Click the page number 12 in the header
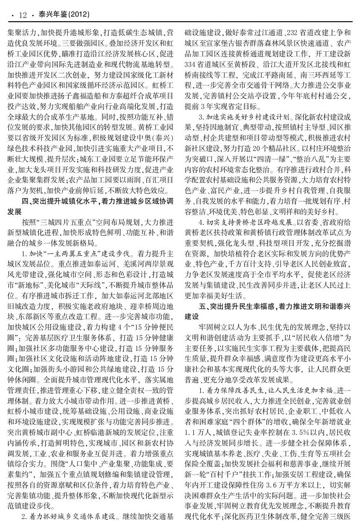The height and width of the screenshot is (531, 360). tap(22, 15)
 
